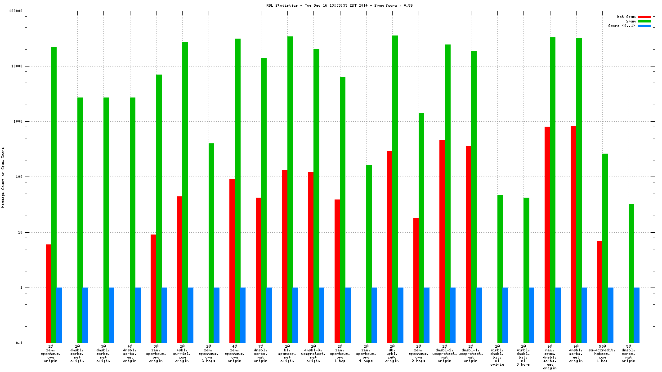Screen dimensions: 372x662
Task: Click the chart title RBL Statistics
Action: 339,5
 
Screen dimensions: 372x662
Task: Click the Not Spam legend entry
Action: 626,17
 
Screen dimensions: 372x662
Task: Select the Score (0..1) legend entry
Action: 622,26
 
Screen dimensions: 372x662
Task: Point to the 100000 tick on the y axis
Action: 16,11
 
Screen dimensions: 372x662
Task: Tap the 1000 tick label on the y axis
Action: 18,121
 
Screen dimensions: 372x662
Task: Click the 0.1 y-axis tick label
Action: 19,343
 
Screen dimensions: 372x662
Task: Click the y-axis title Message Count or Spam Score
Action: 3,177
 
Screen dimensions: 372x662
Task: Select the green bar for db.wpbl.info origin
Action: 395,189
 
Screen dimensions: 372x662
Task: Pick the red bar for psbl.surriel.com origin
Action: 179,270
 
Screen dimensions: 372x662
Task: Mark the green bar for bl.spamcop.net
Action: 290,189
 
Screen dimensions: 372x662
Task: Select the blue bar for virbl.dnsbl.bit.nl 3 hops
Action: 532,315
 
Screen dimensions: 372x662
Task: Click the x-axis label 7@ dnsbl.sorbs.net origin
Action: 261,353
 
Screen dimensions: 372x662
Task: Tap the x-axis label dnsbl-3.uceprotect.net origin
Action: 313,353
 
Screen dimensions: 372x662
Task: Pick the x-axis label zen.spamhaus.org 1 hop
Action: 340,353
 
